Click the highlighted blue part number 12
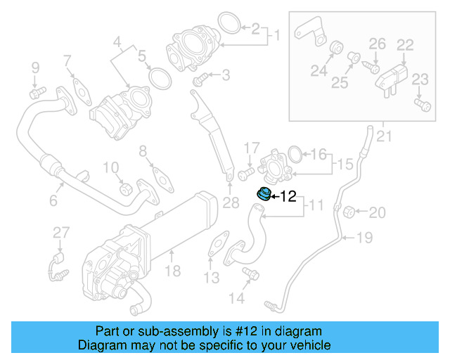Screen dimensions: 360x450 pyautogui.click(x=264, y=195)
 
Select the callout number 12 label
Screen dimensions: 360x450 pyautogui.click(x=289, y=196)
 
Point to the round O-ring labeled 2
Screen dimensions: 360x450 pyautogui.click(x=225, y=23)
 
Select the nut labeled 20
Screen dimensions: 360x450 pyautogui.click(x=354, y=211)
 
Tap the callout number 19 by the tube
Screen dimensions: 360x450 pyautogui.click(x=364, y=238)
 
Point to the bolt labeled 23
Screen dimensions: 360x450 pyautogui.click(x=423, y=105)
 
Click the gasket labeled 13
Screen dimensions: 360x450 pyautogui.click(x=219, y=243)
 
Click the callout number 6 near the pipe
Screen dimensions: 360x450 pyautogui.click(x=53, y=201)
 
